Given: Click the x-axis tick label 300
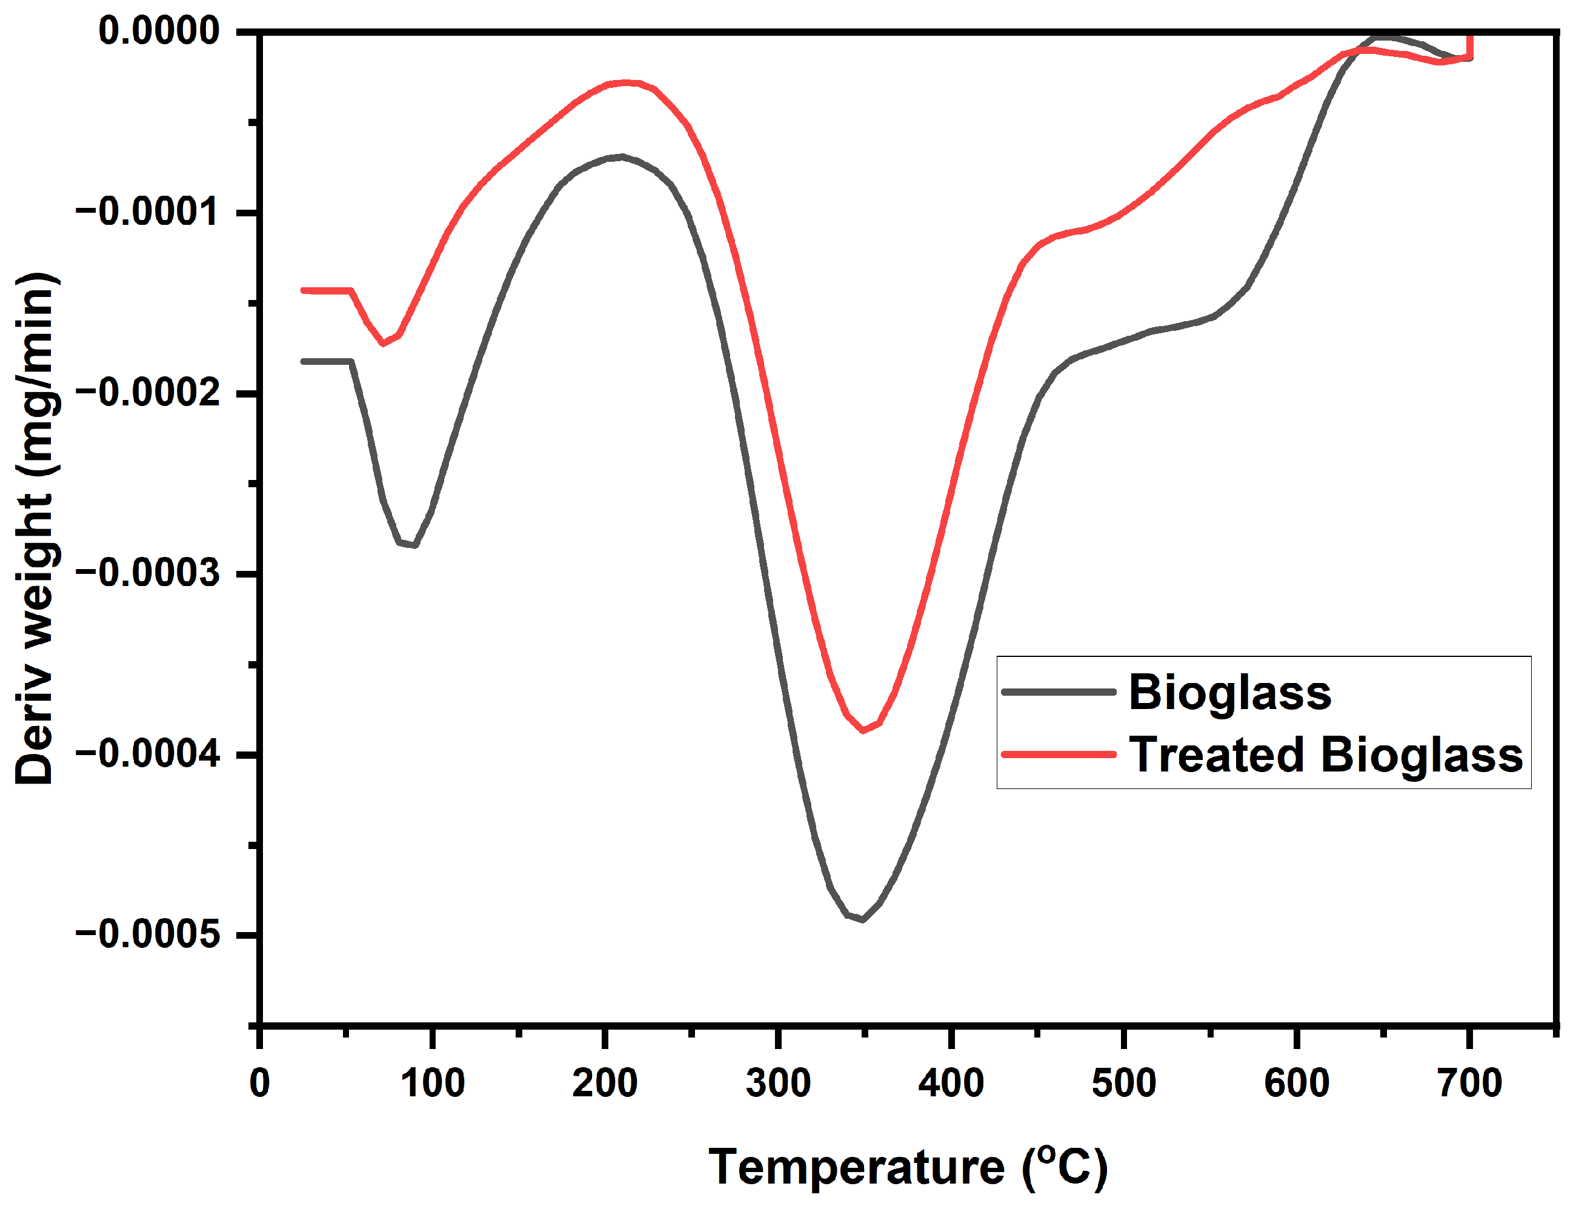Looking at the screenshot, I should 778,1082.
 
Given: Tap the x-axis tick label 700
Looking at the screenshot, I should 1469,1082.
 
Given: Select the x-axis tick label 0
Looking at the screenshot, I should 259,1082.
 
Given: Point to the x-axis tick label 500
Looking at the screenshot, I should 1124,1082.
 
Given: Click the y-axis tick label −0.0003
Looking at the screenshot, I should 147,573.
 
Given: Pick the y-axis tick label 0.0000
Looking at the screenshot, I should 159,31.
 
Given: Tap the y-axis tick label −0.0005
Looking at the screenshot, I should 147,934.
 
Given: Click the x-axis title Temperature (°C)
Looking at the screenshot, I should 908,1167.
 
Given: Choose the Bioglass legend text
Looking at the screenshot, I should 1229,693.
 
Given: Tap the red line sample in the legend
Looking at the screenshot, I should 1059,755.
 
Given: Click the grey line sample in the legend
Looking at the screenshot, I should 1059,692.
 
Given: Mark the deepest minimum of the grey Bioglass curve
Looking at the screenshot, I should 862,919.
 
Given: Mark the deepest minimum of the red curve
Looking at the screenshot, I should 863,731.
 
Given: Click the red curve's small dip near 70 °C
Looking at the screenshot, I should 383,343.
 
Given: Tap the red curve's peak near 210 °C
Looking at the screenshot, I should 627,82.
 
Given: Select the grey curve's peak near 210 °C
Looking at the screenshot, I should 621,156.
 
